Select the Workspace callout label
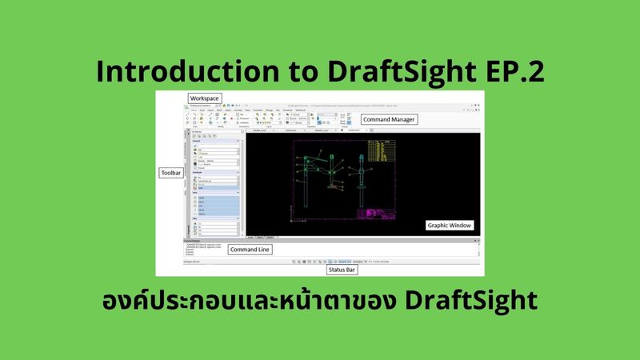(x=204, y=98)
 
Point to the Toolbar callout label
(x=170, y=171)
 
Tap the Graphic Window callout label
(x=449, y=226)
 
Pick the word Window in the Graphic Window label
(x=460, y=226)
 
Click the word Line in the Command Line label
(x=263, y=250)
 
